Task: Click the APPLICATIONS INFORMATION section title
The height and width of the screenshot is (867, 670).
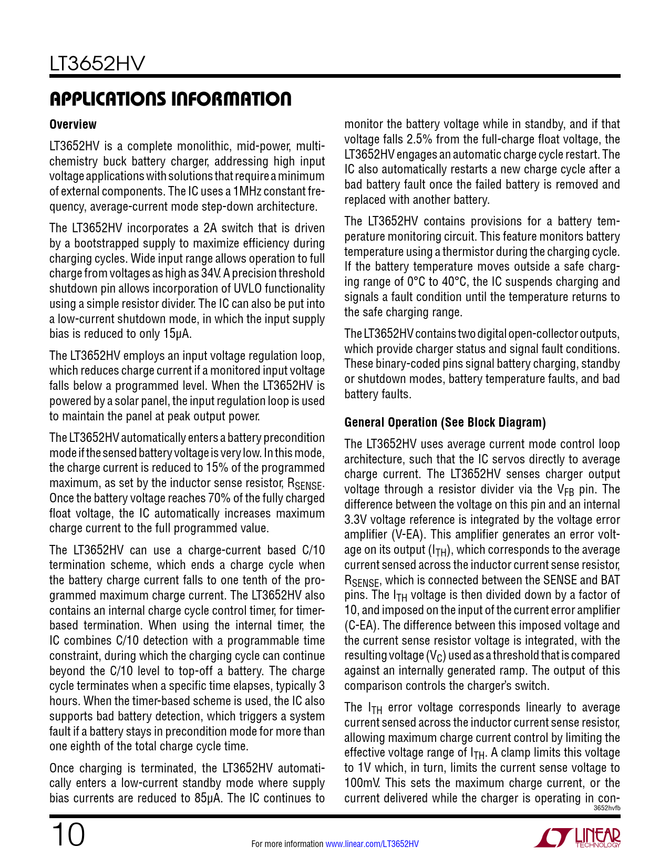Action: [x=170, y=99]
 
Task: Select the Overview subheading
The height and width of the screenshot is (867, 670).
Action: [x=73, y=125]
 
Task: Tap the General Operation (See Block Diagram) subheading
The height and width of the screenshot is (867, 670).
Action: [x=445, y=422]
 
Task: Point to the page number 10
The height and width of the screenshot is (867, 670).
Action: [x=67, y=835]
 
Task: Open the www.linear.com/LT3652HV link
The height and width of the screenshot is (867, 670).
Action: [x=372, y=844]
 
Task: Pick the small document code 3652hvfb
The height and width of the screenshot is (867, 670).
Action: [x=607, y=808]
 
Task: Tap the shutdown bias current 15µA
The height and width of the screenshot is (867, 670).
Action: [x=179, y=334]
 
